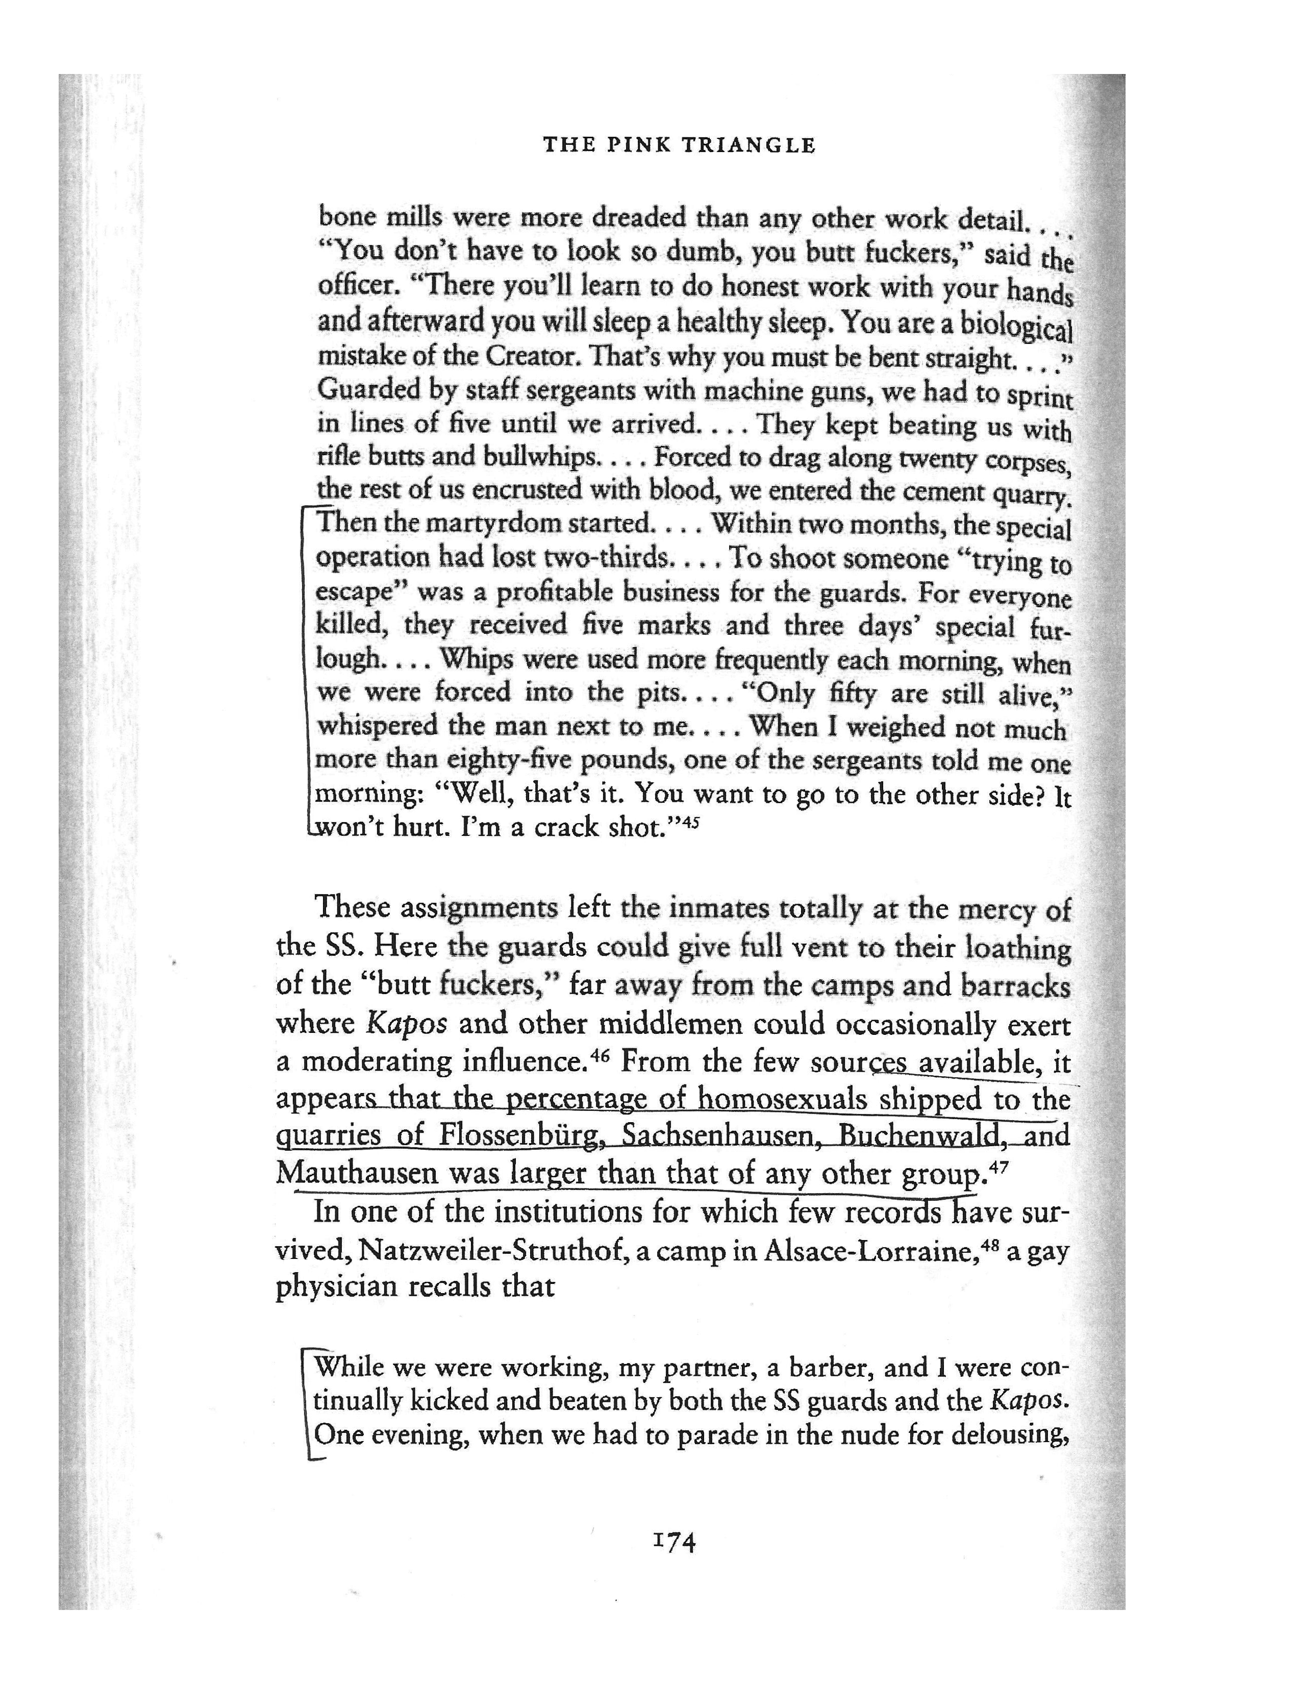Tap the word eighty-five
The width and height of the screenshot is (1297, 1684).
510,760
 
